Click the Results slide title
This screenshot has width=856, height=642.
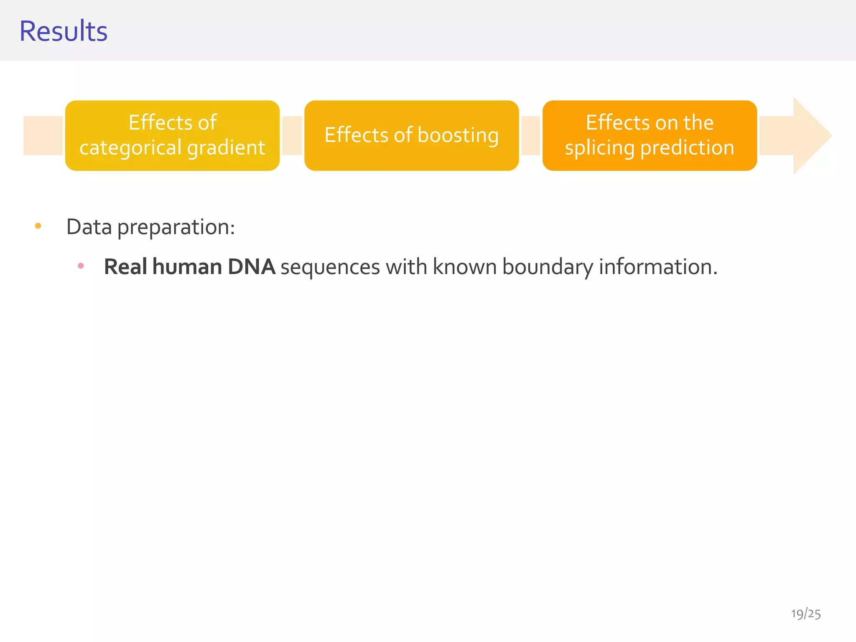(64, 31)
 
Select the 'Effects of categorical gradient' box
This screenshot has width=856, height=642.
(172, 135)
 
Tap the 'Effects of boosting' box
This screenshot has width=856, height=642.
(411, 135)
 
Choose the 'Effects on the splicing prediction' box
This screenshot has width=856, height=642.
(650, 135)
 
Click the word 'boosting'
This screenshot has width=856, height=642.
(458, 135)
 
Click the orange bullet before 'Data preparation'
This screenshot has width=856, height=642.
(38, 226)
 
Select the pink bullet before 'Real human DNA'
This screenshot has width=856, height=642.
(81, 266)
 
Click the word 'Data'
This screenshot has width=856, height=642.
(89, 227)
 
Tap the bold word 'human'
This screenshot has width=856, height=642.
(187, 267)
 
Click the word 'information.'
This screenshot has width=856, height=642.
(658, 267)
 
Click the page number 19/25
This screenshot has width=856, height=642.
(805, 614)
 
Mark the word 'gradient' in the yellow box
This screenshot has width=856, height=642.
(226, 148)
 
